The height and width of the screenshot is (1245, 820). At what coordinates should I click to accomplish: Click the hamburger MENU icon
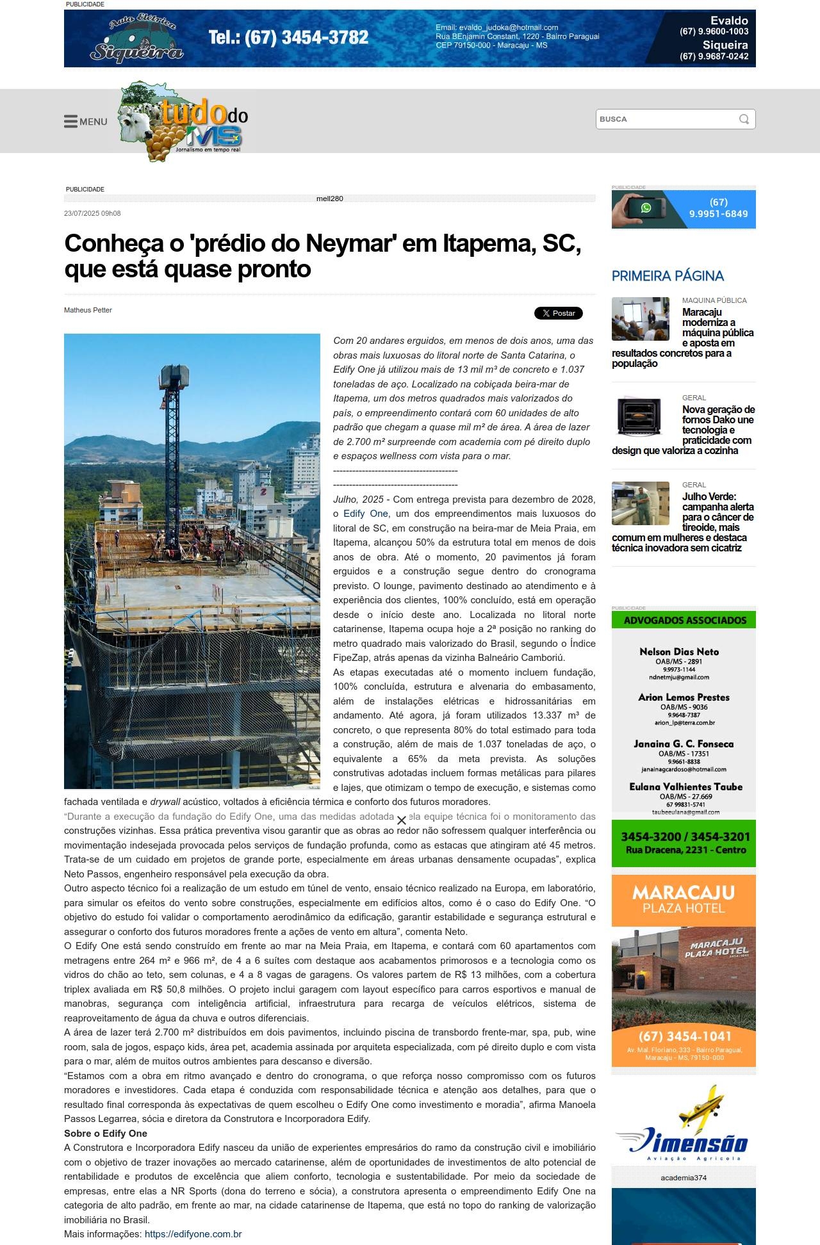(70, 122)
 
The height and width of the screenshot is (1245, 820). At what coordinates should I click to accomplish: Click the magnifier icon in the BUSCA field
(744, 119)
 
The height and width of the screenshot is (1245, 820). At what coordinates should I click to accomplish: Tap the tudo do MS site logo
(183, 122)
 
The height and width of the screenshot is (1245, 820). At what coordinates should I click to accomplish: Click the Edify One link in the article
(365, 514)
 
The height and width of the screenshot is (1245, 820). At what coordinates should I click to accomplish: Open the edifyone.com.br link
(193, 1234)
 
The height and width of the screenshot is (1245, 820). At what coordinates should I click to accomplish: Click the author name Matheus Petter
(88, 310)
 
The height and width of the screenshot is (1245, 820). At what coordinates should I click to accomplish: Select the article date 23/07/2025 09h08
(92, 213)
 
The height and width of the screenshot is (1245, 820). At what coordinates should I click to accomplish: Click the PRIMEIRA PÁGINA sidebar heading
(668, 276)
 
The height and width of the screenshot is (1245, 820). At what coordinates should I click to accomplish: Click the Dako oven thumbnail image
(640, 415)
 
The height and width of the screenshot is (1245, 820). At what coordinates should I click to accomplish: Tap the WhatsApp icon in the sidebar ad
(646, 208)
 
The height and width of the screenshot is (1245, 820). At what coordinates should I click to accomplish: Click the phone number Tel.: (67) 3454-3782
(288, 38)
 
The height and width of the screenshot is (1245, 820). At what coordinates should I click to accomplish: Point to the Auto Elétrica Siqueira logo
(136, 40)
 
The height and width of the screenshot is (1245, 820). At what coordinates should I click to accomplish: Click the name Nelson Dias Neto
(679, 652)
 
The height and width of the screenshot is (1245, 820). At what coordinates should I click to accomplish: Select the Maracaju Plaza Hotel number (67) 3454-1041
(684, 1036)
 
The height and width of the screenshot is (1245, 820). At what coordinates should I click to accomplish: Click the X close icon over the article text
(402, 820)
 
